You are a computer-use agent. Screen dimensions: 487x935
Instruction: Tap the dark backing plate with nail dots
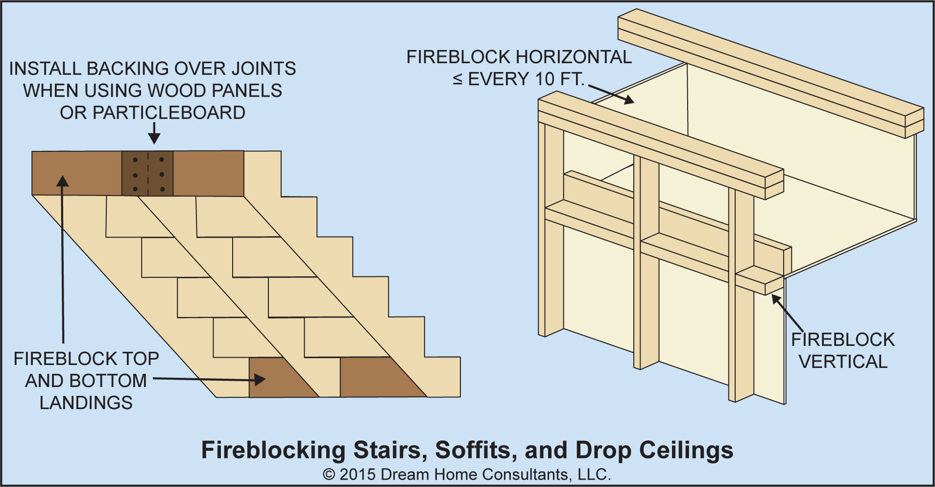coord(147,173)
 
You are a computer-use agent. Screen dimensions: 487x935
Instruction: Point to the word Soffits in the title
coord(473,450)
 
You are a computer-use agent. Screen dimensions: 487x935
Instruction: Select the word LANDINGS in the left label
coord(86,403)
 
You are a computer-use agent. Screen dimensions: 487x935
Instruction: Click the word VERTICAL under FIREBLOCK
coord(843,362)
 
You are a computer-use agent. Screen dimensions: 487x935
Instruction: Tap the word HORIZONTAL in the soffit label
coord(574,57)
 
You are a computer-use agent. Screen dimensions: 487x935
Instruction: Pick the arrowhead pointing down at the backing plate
coord(154,138)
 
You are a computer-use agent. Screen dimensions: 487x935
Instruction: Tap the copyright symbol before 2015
coord(329,474)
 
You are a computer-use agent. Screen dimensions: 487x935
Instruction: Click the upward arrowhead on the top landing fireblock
coord(62,181)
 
